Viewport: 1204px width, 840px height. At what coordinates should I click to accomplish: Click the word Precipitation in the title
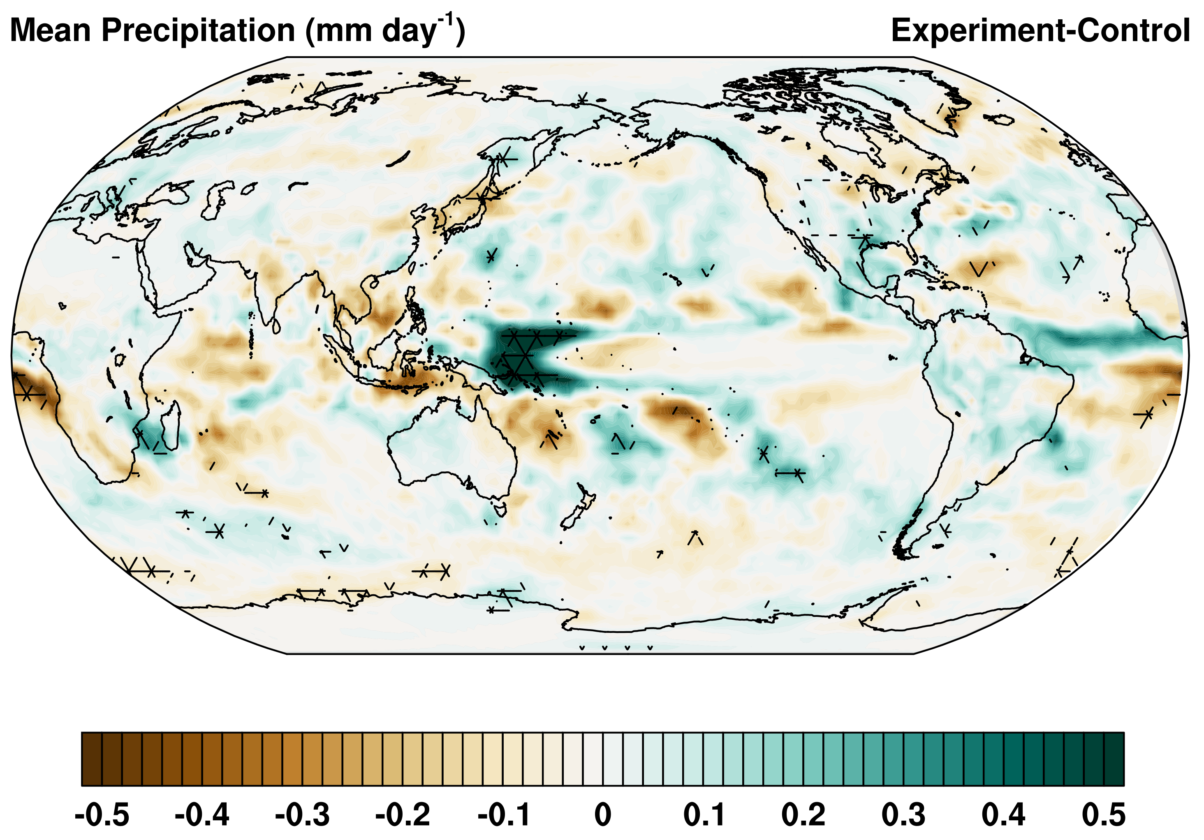[x=198, y=30]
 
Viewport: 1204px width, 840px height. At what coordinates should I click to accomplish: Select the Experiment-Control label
[x=1040, y=30]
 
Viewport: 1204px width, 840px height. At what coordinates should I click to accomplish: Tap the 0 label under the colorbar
[x=602, y=815]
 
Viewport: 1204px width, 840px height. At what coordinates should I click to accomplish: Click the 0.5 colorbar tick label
[x=1103, y=815]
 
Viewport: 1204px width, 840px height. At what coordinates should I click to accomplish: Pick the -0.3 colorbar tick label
[x=302, y=815]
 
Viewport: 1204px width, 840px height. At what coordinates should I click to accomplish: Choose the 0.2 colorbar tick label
[x=803, y=815]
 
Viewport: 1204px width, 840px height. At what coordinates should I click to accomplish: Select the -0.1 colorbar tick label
[x=503, y=815]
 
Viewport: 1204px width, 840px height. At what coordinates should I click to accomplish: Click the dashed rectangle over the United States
[x=834, y=207]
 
